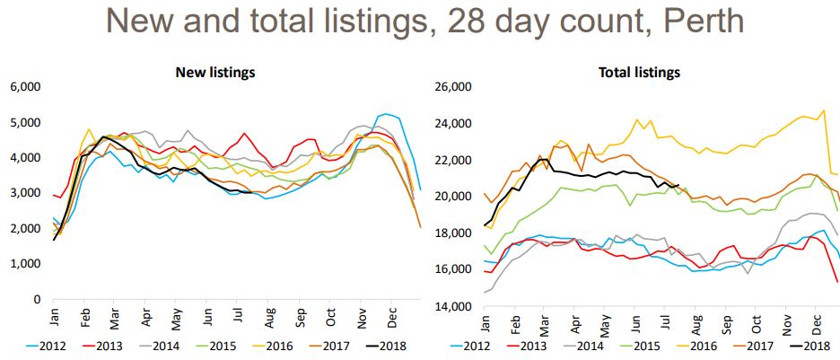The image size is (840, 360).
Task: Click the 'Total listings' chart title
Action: click(639, 72)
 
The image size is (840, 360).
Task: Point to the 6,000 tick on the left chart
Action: click(24, 87)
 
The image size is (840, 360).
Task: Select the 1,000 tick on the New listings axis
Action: click(24, 264)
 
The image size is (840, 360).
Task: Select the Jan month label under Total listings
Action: click(484, 318)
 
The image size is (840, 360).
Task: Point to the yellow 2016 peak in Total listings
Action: click(823, 110)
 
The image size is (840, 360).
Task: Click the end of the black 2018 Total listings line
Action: click(678, 185)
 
